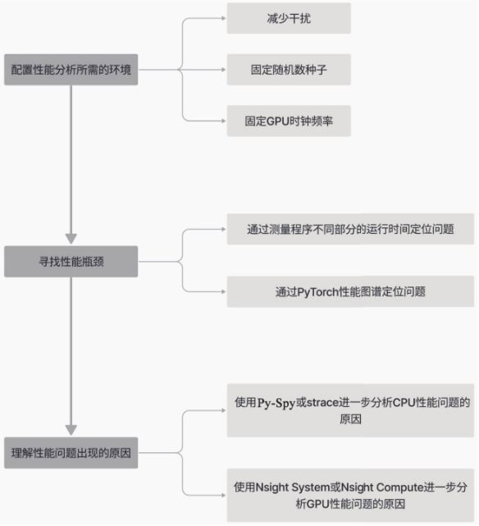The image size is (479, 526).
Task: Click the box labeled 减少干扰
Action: coord(289,18)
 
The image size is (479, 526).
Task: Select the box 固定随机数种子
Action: coord(289,70)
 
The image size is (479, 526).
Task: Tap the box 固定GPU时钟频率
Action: coord(289,121)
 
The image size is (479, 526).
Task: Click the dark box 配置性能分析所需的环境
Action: coord(71,70)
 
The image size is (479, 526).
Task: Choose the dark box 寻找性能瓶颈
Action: coord(71,261)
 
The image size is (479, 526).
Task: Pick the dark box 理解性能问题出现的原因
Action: coord(71,452)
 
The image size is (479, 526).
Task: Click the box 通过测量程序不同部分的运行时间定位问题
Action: coord(350,229)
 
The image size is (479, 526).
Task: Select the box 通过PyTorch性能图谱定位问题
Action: coord(350,291)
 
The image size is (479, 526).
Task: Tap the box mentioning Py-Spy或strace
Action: coord(350,410)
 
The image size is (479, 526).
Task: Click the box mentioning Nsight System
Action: coord(350,495)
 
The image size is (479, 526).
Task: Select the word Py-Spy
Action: coord(276,403)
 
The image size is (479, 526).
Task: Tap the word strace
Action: coord(322,402)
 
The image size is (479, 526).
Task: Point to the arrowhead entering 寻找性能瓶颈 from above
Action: coord(71,239)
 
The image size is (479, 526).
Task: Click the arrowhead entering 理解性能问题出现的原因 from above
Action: coord(71,430)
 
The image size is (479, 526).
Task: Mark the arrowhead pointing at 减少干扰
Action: coord(224,18)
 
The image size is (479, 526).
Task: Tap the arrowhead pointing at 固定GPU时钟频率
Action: coord(224,121)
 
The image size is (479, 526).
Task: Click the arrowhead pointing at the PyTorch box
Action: coord(224,291)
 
